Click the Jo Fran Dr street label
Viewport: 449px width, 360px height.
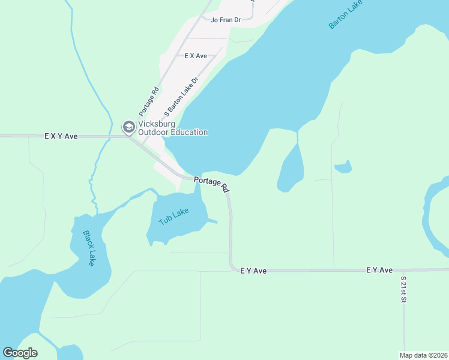226,20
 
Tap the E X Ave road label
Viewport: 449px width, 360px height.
196,56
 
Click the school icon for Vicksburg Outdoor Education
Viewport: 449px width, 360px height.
128,127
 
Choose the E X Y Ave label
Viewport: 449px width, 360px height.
61,136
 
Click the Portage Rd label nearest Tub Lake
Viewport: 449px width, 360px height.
211,184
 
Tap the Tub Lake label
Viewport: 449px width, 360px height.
174,217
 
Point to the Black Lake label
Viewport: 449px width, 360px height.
89,248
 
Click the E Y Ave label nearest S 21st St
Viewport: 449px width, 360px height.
379,271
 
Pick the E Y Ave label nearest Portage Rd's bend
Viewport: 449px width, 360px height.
253,271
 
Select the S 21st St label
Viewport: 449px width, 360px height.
403,289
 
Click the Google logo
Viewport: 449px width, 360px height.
20,353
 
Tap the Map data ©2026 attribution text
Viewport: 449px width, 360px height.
423,355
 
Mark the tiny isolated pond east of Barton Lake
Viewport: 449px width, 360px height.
343,167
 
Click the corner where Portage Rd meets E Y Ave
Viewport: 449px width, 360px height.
232,269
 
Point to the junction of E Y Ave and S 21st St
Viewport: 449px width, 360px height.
404,271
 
